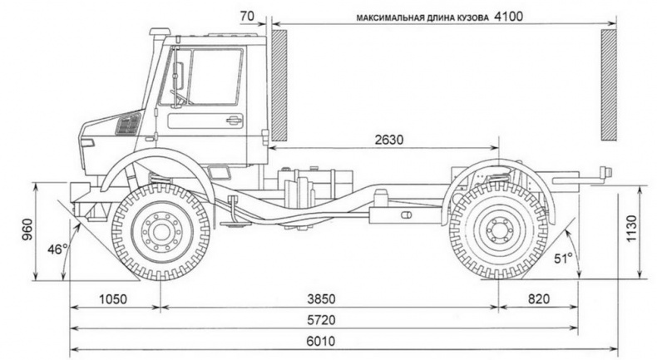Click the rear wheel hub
[498, 229]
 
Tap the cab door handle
[234, 121]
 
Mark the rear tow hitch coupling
[602, 174]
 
